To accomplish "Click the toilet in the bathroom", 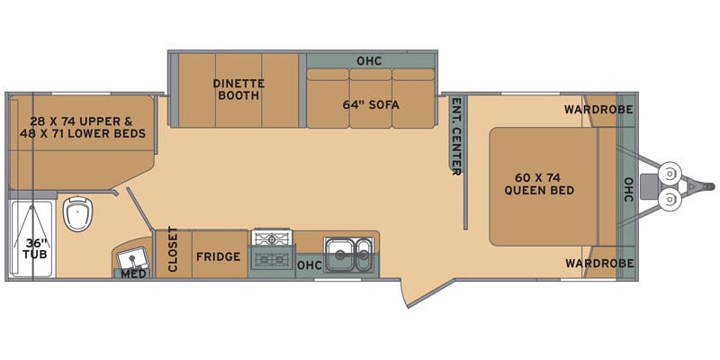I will tap(78, 214).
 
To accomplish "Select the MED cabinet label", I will tap(133, 274).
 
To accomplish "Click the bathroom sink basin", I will tap(132, 256).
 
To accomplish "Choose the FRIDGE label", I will tap(218, 256).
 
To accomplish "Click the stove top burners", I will tap(272, 248).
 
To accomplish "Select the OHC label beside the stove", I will tap(309, 265).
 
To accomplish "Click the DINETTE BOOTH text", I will tap(237, 89).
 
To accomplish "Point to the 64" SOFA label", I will tap(370, 104).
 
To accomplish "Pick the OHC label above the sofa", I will tap(369, 61).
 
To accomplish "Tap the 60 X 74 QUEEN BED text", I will tap(539, 183).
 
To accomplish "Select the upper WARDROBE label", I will tap(598, 110).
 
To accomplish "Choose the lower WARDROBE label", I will tap(598, 263).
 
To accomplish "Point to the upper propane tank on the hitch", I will tap(668, 172).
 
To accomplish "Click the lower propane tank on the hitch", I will tap(668, 199).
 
